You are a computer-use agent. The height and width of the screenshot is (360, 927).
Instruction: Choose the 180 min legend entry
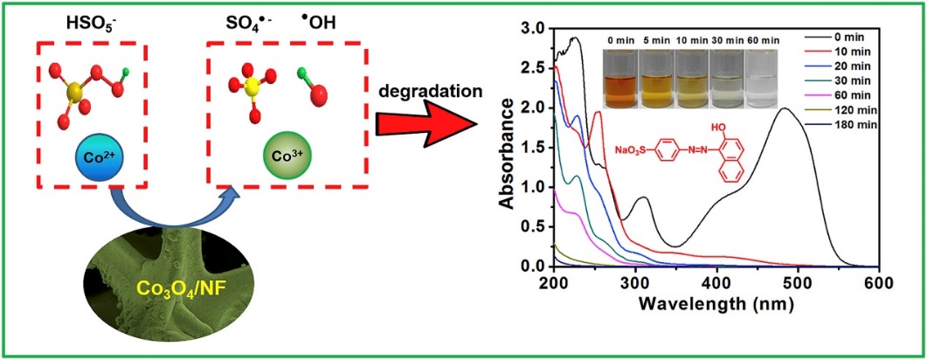[839, 125]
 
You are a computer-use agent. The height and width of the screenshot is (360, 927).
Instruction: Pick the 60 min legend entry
[839, 97]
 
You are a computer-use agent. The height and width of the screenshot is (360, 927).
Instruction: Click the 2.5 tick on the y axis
[534, 67]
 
